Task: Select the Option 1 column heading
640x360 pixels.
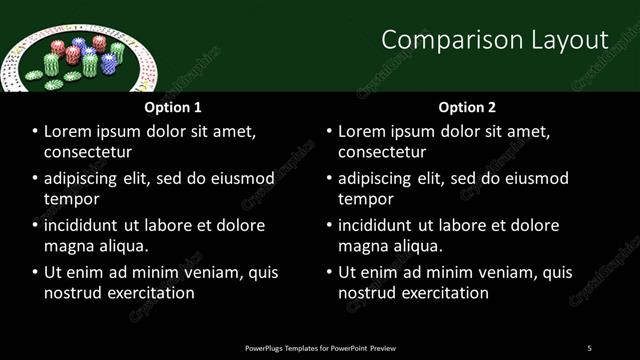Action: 173,107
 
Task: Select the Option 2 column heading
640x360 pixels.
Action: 467,107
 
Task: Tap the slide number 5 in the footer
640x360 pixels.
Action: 589,348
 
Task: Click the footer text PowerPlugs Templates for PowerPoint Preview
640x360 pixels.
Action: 320,348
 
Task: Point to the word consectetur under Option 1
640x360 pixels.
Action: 88,152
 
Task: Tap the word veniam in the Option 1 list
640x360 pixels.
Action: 207,272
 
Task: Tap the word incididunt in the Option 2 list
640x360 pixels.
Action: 385,225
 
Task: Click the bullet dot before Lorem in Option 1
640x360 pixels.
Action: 36,131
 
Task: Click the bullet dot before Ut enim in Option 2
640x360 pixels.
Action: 330,272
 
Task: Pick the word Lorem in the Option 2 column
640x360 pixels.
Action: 362,131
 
